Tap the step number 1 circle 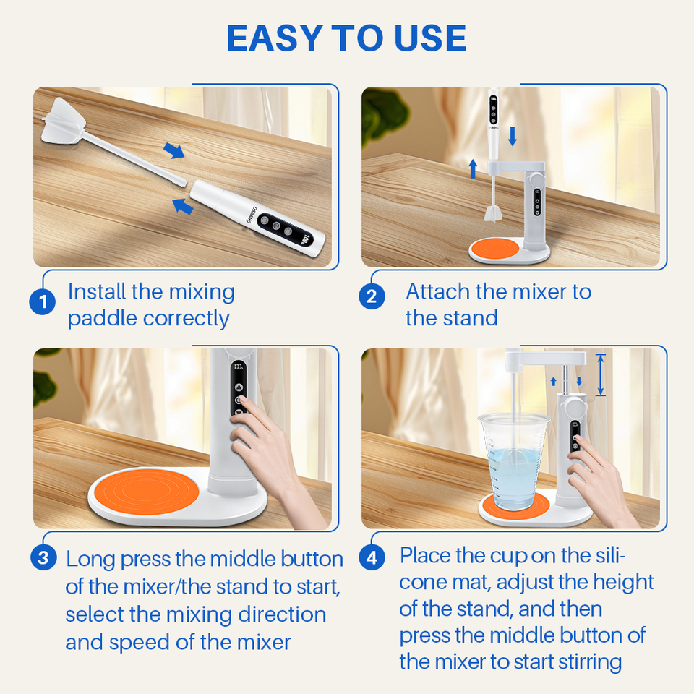click(x=43, y=302)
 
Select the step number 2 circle click(x=372, y=296)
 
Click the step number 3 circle click(x=43, y=557)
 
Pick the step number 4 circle click(x=372, y=557)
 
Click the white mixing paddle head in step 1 click(x=63, y=121)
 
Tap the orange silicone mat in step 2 click(x=494, y=248)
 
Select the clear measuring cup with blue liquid click(x=513, y=461)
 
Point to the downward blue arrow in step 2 click(x=513, y=137)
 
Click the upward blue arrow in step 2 click(x=473, y=169)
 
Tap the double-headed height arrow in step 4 click(x=601, y=374)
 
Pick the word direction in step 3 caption click(x=282, y=614)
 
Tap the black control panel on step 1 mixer click(x=286, y=230)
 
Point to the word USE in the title click(x=429, y=38)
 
